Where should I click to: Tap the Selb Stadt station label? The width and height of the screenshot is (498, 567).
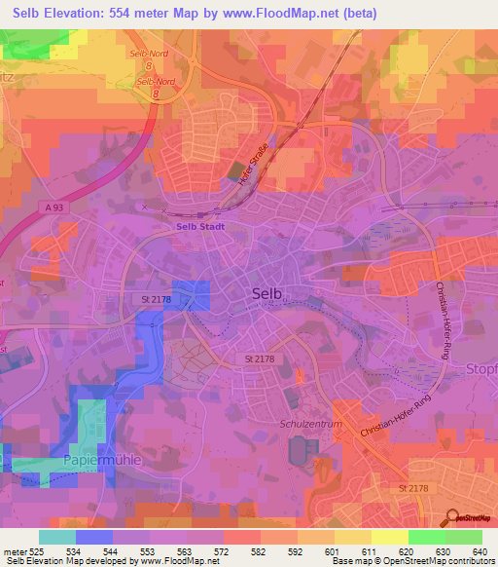200,227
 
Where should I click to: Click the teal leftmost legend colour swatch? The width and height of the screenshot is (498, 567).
57,537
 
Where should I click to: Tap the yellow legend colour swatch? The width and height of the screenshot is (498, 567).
389,537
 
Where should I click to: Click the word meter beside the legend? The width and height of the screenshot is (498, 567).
14,551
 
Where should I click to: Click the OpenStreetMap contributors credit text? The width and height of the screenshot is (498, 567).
429,562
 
